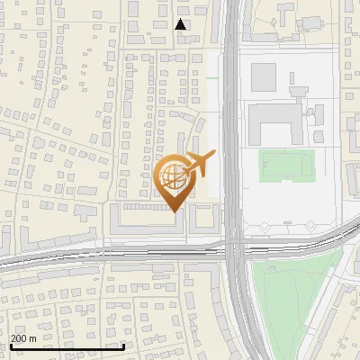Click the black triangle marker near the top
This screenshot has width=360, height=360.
click(x=181, y=24)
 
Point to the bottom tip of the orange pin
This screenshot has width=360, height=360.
click(x=175, y=212)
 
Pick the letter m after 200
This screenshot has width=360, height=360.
click(x=33, y=338)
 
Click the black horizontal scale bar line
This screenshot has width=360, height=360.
click(x=67, y=346)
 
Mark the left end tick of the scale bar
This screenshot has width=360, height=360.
click(x=11, y=345)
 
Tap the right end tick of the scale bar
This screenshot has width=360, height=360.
click(x=123, y=345)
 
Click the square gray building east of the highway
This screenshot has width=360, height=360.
click(x=265, y=76)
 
